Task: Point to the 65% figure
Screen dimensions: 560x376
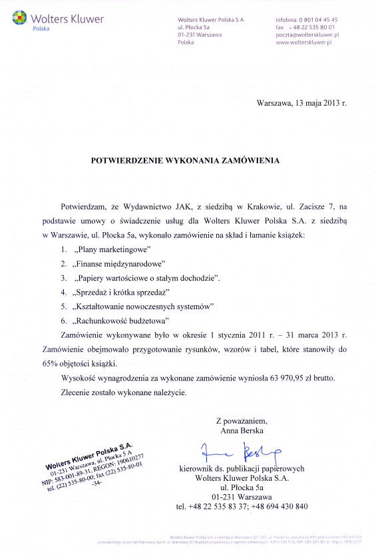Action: (x=69, y=364)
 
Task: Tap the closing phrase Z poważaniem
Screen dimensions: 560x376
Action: (x=242, y=421)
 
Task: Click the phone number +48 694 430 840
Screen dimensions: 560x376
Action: (x=279, y=507)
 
